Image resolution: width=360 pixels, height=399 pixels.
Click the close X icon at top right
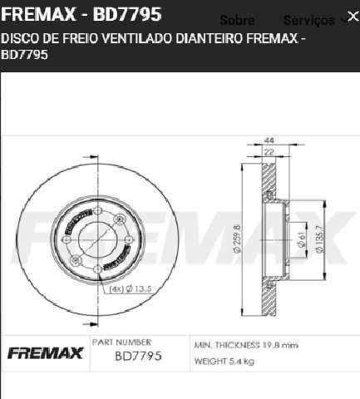tap(352, 17)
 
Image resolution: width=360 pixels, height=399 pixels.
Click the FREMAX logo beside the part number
tap(46, 354)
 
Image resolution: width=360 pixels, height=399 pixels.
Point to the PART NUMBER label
tap(121, 342)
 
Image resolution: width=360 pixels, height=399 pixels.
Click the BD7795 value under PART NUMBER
tap(137, 357)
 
